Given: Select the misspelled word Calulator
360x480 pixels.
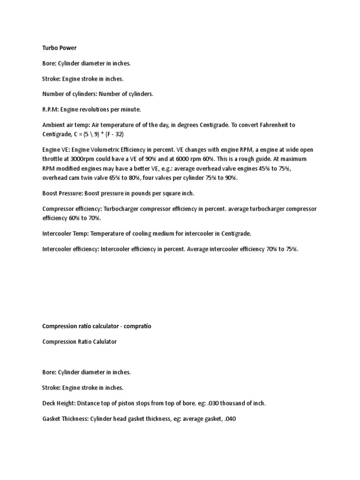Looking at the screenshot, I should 103,342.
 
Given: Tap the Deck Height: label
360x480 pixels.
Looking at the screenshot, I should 59,403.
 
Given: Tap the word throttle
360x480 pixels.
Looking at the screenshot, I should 52,158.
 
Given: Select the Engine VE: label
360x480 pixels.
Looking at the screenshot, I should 57,150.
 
